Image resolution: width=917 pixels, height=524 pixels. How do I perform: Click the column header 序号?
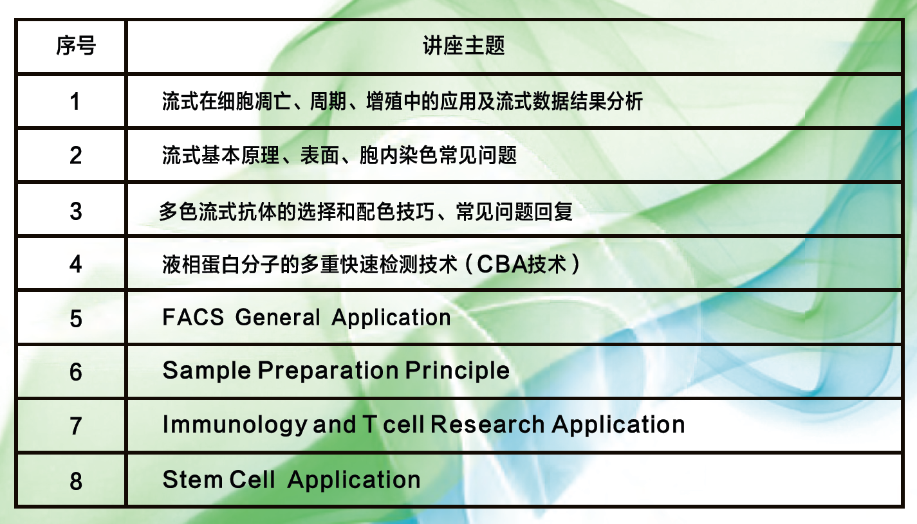click(x=76, y=46)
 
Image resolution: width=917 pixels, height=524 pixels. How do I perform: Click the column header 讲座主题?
click(x=464, y=46)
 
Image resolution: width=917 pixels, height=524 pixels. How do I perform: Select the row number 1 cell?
click(x=75, y=102)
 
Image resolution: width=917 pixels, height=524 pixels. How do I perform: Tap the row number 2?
click(x=76, y=156)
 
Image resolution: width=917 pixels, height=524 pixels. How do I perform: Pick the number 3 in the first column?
click(x=76, y=211)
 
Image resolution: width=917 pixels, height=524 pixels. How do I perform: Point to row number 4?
click(x=76, y=264)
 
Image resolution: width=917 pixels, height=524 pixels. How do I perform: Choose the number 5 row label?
click(x=76, y=319)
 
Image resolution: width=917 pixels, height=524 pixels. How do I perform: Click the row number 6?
click(x=76, y=372)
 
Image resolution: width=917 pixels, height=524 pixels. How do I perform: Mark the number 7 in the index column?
click(x=76, y=426)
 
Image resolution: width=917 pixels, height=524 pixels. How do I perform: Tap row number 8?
click(x=76, y=481)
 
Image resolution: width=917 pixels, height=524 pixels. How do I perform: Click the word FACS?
click(x=193, y=317)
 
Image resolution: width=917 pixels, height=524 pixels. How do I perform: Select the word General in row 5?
click(x=277, y=317)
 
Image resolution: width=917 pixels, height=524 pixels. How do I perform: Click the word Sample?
click(x=207, y=371)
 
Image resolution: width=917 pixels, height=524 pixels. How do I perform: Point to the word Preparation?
click(x=328, y=371)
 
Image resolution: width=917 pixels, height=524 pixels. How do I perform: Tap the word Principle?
click(x=458, y=371)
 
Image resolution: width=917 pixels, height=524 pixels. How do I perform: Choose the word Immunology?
click(x=235, y=425)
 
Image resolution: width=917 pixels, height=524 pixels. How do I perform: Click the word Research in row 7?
click(x=488, y=424)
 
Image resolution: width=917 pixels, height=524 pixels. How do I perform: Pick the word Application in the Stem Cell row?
click(x=354, y=480)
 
